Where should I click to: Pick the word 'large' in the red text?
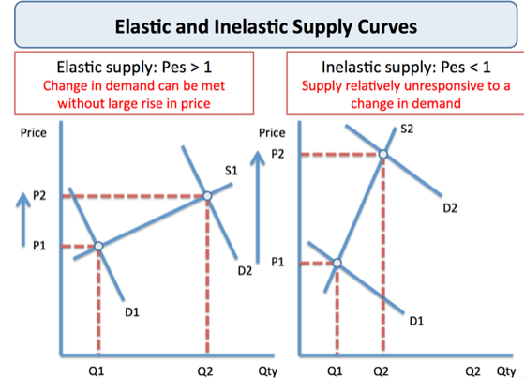[133, 103]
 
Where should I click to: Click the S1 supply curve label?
[232, 170]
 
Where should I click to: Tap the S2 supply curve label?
[406, 129]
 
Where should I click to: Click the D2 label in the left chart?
[245, 271]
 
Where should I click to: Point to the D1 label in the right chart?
[416, 322]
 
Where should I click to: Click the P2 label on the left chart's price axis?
[39, 195]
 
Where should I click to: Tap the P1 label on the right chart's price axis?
[278, 263]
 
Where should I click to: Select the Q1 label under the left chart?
[98, 370]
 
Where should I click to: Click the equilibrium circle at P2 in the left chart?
[207, 196]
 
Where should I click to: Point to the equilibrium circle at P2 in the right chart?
[382, 153]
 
